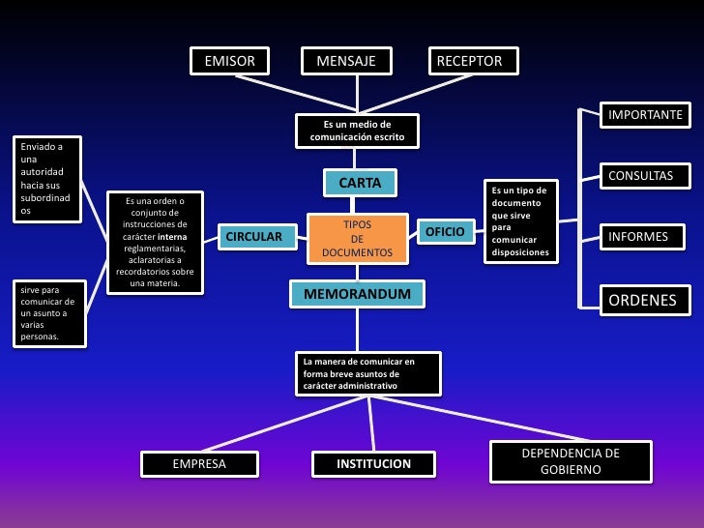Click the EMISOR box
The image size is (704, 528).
click(229, 62)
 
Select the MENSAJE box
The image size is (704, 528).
click(346, 62)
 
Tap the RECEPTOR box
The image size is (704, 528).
click(474, 62)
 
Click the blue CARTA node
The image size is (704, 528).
click(359, 183)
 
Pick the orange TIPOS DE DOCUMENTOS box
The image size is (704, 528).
click(357, 238)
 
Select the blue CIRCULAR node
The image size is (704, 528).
click(253, 237)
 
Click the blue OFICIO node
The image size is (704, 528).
click(446, 232)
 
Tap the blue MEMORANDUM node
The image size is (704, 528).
click(357, 293)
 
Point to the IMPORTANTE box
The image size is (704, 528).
click(645, 115)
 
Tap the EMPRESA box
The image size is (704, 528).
click(199, 464)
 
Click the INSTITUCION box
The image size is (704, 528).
click(373, 464)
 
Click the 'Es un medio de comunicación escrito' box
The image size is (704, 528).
click(357, 132)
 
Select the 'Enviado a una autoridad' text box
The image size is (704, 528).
click(45, 178)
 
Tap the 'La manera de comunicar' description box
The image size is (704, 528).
click(368, 373)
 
